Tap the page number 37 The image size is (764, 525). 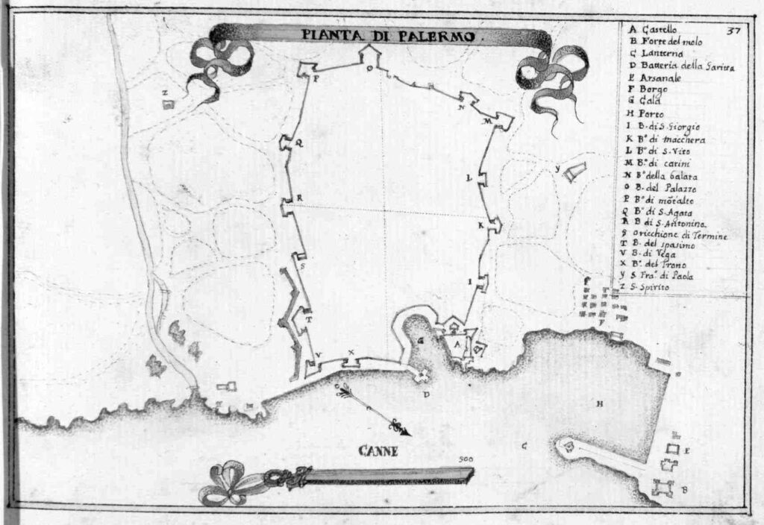click(732, 31)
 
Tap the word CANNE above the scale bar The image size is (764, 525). click(378, 451)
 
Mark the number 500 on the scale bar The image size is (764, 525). click(467, 460)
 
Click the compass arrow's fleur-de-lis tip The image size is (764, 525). click(398, 427)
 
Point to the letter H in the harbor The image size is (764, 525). click(598, 404)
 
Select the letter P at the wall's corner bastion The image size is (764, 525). click(316, 78)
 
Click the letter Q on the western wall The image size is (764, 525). click(300, 146)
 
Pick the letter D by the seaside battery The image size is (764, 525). click(426, 395)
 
